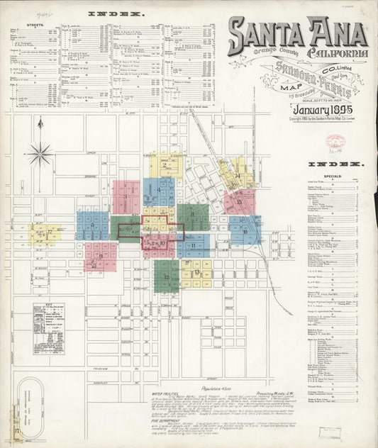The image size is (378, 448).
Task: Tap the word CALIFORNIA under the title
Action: coord(338,55)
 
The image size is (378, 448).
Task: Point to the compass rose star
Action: coord(41,152)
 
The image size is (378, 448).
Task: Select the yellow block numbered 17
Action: coord(48,233)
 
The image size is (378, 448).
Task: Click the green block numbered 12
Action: coord(167,276)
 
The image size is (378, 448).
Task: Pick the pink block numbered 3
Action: coord(126,196)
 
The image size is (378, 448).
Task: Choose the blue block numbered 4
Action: coord(159,191)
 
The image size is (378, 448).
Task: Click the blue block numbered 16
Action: coord(245,230)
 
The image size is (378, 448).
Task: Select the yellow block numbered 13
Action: coord(196,272)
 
